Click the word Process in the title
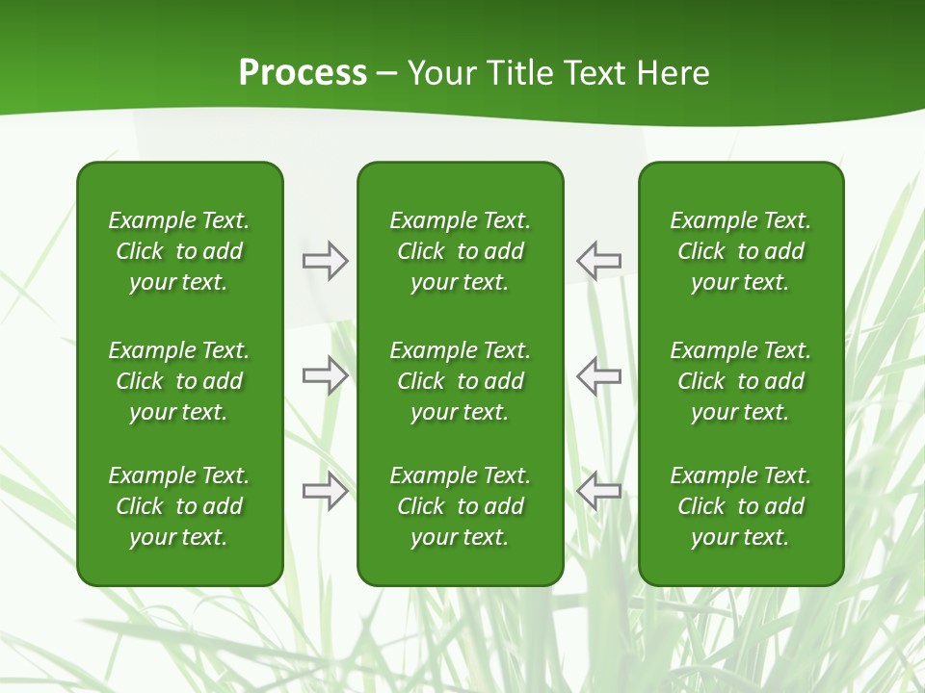point(303,73)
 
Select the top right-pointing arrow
point(326,261)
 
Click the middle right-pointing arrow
point(326,375)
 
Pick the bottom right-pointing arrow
point(326,491)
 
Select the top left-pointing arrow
point(598,261)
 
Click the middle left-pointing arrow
point(598,375)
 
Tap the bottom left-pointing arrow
point(598,491)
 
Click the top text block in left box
point(179,251)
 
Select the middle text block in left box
point(179,381)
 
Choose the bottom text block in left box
point(179,506)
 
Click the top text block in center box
point(460,251)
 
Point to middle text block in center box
point(460,381)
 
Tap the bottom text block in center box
point(460,506)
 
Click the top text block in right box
point(740,251)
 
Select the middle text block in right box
point(740,381)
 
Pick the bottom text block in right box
point(740,506)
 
